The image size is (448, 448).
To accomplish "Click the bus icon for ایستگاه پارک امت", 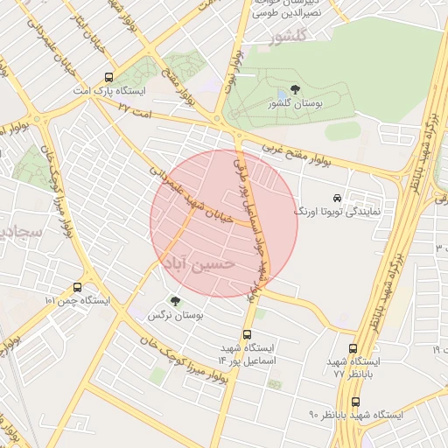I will pyautogui.click(x=108, y=77).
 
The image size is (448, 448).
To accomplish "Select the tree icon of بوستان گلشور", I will pyautogui.click(x=295, y=90).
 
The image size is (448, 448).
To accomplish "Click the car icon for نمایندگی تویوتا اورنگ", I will pyautogui.click(x=338, y=198).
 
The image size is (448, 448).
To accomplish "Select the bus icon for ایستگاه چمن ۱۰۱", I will pyautogui.click(x=78, y=286).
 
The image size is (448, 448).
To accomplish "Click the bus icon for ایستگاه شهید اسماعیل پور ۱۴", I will pyautogui.click(x=247, y=333).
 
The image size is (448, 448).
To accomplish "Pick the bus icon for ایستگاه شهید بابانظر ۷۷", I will pyautogui.click(x=353, y=347).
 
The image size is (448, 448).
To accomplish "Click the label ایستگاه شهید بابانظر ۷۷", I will pyautogui.click(x=354, y=367).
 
